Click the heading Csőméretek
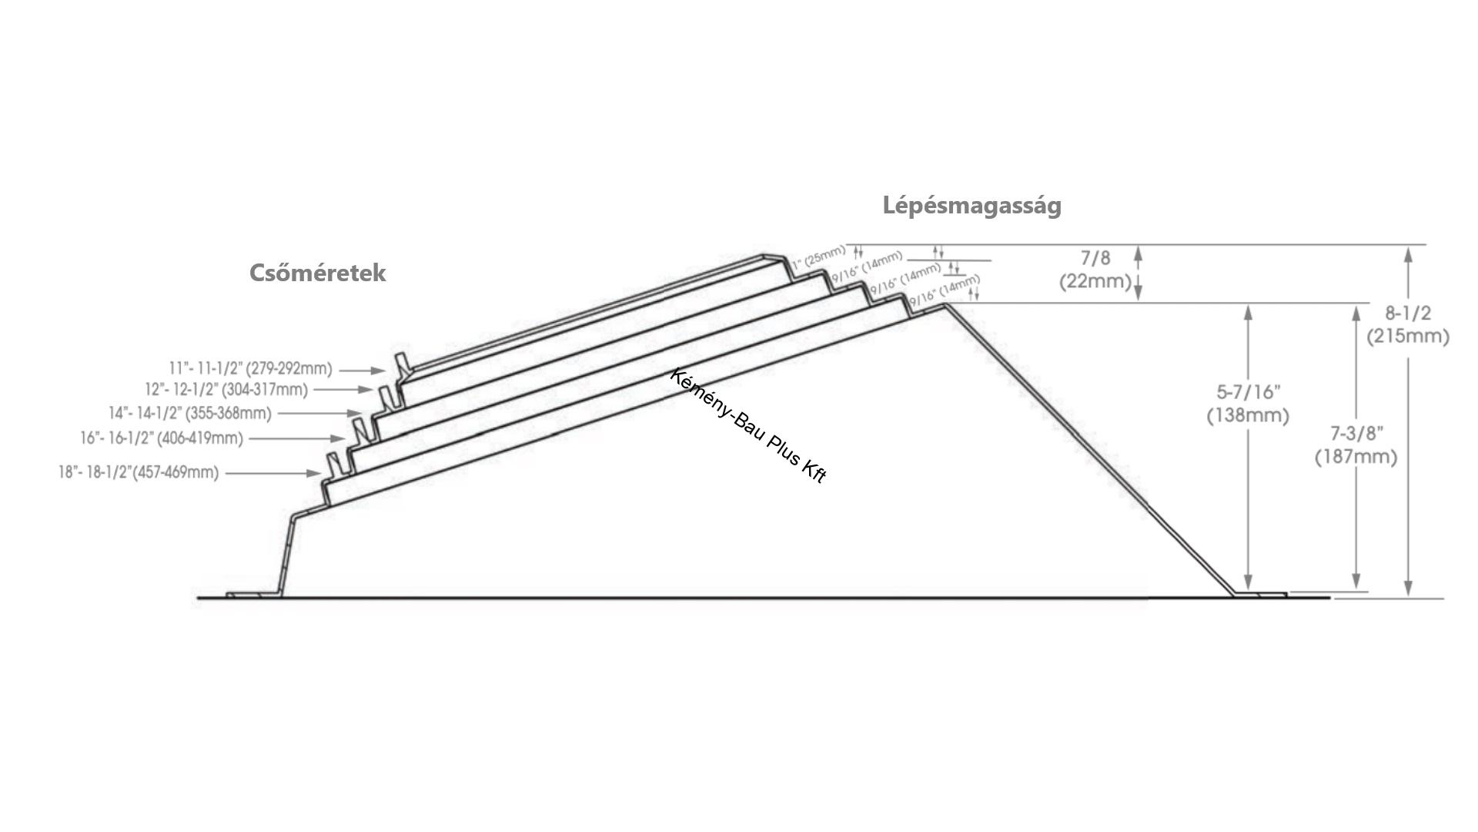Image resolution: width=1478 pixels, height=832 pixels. pos(317,273)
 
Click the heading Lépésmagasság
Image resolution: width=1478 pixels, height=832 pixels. pos(971,206)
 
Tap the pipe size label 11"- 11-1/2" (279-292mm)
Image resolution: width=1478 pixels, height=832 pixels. pos(250,369)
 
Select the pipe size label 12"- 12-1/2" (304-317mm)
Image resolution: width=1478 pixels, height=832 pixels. pos(226,390)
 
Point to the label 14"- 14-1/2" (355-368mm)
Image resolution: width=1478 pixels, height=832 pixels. pos(190,414)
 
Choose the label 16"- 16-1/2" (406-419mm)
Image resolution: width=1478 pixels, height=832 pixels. pos(162,438)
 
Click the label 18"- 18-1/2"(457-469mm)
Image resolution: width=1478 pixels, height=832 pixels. pos(139,472)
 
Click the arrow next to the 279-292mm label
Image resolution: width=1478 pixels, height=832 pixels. pos(361,371)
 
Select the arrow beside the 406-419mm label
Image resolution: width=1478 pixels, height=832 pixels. pos(298,439)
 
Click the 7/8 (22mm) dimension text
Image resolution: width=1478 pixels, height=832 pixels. pos(1095,270)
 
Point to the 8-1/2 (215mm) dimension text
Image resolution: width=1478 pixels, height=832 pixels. pos(1408,324)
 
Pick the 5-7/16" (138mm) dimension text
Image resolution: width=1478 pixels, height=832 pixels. pos(1248,404)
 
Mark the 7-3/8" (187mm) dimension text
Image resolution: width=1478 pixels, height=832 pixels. pos(1356,445)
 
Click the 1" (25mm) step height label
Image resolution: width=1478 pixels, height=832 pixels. pos(818,256)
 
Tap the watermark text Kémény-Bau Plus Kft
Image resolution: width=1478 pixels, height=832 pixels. pos(748,426)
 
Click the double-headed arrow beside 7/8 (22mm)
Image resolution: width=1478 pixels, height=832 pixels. pos(1139,273)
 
